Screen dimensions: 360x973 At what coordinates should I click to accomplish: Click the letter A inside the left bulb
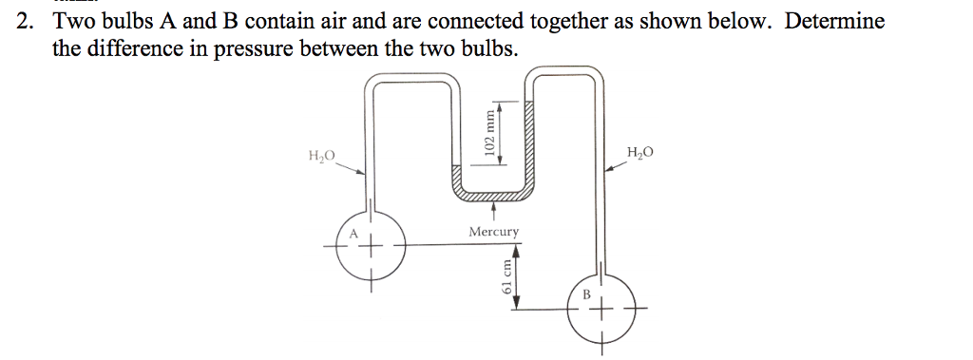pyautogui.click(x=353, y=233)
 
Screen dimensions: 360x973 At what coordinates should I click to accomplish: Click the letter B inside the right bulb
pyautogui.click(x=586, y=294)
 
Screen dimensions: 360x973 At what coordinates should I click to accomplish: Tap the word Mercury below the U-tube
pyautogui.click(x=494, y=232)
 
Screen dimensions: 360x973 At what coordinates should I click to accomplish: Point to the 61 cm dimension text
pyautogui.click(x=506, y=281)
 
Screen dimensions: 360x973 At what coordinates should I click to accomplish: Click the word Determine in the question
pyautogui.click(x=833, y=21)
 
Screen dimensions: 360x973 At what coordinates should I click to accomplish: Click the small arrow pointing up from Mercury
pyautogui.click(x=493, y=210)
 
